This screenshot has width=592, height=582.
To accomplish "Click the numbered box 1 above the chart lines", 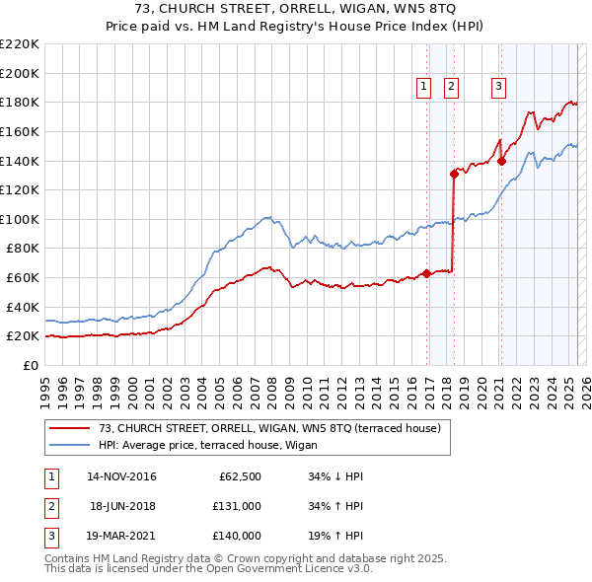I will click(x=424, y=87).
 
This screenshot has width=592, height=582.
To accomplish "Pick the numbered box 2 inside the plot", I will click(x=451, y=87).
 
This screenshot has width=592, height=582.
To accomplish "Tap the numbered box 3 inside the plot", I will click(x=498, y=87).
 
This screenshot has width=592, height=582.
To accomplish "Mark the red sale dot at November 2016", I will click(x=426, y=274).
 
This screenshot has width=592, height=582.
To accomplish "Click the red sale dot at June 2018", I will click(x=454, y=174).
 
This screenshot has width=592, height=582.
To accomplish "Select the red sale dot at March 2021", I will click(x=501, y=161).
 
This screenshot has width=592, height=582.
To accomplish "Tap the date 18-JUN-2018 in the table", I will click(x=122, y=507).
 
